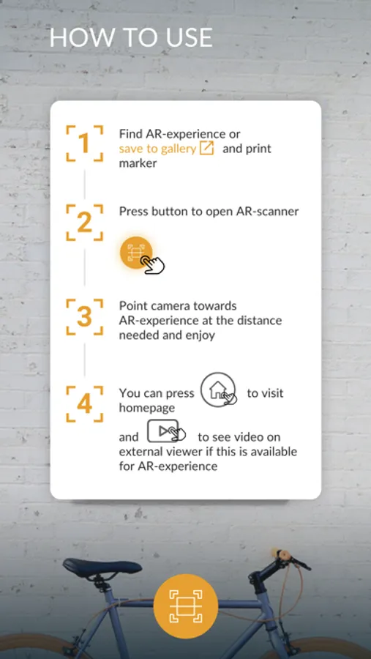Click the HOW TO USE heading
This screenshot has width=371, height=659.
click(131, 38)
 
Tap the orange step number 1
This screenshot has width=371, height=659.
click(84, 144)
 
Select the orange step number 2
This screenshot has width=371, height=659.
click(84, 223)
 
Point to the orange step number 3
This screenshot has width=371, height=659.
click(84, 317)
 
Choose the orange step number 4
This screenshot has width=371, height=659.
click(84, 404)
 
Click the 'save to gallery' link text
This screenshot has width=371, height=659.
click(157, 149)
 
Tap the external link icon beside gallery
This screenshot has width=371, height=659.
click(206, 148)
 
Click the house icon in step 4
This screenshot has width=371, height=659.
click(218, 390)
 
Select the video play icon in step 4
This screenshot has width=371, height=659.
click(166, 431)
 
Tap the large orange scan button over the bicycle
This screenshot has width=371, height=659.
click(186, 606)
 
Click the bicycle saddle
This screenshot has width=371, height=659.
click(102, 566)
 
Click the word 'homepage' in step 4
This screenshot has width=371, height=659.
click(147, 408)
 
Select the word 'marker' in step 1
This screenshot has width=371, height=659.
click(138, 163)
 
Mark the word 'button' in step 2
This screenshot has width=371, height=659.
click(170, 211)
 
